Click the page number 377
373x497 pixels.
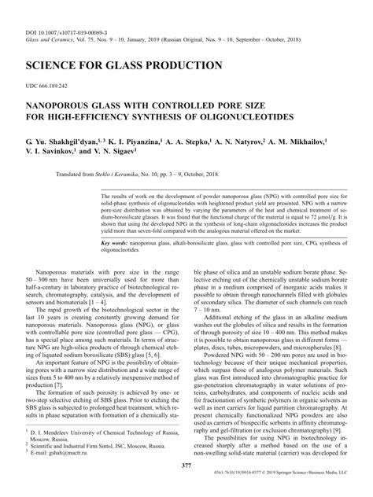[x=186, y=466]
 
